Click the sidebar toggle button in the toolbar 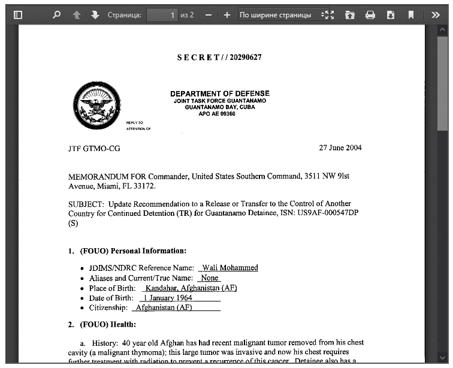click(17, 15)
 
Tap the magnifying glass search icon click(56, 15)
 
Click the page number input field click(162, 15)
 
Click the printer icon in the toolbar click(370, 15)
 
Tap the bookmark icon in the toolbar click(411, 15)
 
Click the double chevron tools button click(436, 15)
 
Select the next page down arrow click(95, 15)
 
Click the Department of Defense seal click(96, 105)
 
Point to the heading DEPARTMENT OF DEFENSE click(219, 93)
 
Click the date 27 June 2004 click(340, 148)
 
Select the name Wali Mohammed click(230, 268)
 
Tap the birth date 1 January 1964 click(167, 298)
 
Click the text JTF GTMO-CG click(94, 149)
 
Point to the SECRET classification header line click(219, 58)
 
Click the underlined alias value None click(210, 278)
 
